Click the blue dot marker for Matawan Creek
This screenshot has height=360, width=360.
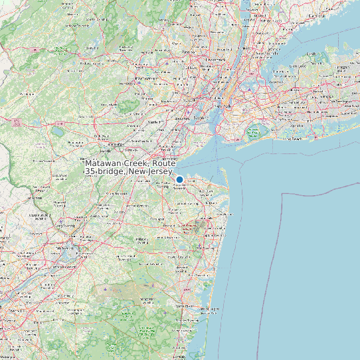tap(179, 179)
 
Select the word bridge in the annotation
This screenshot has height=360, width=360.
tap(113, 172)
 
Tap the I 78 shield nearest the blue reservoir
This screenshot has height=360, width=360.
tap(59, 123)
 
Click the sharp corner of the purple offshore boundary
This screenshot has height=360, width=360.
tap(283, 194)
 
